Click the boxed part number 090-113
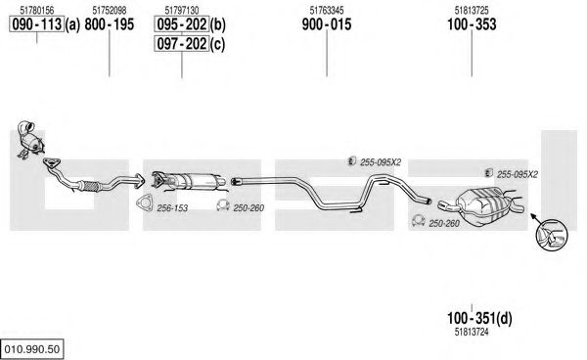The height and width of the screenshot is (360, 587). click(x=37, y=24)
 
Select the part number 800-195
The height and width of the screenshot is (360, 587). click(x=110, y=24)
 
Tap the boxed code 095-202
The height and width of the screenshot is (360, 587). click(x=182, y=24)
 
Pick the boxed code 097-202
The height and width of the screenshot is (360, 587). click(x=182, y=44)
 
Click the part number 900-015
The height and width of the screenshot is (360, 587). click(x=327, y=24)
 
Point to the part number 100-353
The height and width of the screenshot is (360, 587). click(x=472, y=24)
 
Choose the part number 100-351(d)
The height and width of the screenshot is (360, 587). click(x=479, y=319)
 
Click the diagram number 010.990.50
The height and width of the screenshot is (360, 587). click(x=32, y=349)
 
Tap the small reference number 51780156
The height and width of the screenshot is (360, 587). click(x=37, y=10)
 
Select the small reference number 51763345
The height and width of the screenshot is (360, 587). click(x=327, y=10)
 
